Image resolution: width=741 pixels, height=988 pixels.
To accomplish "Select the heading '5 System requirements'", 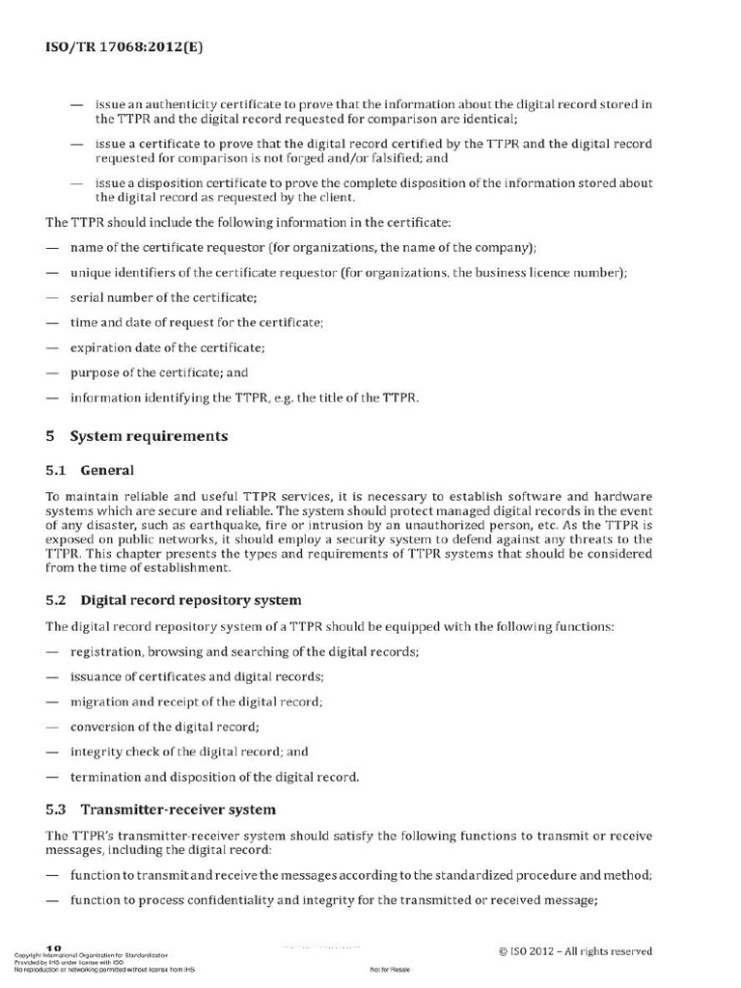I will tap(137, 436).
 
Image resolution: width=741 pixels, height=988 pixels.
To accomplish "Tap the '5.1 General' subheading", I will tap(91, 471).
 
